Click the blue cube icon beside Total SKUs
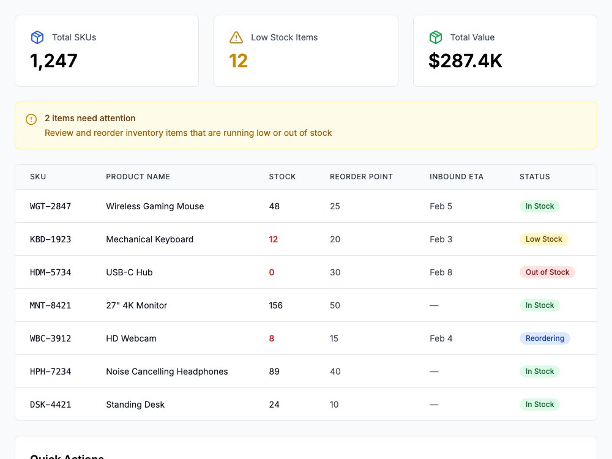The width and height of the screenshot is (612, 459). pyautogui.click(x=37, y=37)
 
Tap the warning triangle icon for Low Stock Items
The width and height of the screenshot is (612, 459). pyautogui.click(x=236, y=37)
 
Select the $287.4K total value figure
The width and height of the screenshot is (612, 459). pyautogui.click(x=465, y=61)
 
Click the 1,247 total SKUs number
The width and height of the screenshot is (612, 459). pyautogui.click(x=53, y=61)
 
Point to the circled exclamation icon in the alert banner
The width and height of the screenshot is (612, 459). pyautogui.click(x=31, y=119)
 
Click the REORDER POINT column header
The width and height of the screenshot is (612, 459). pyautogui.click(x=361, y=177)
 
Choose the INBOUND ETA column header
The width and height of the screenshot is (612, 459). pyautogui.click(x=457, y=177)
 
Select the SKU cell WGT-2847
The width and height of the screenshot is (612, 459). pyautogui.click(x=50, y=206)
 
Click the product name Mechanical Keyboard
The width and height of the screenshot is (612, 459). pyautogui.click(x=149, y=239)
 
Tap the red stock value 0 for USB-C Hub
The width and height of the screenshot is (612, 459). pyautogui.click(x=272, y=272)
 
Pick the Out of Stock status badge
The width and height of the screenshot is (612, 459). pyautogui.click(x=547, y=272)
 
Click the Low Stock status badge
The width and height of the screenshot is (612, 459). pyautogui.click(x=543, y=239)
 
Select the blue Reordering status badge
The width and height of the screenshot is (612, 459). pyautogui.click(x=545, y=338)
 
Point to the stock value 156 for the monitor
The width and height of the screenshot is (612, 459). pyautogui.click(x=275, y=305)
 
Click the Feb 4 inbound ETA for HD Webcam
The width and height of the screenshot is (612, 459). pyautogui.click(x=441, y=338)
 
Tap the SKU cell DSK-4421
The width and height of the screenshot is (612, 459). pyautogui.click(x=50, y=405)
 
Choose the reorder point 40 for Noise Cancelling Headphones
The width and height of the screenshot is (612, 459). pyautogui.click(x=335, y=371)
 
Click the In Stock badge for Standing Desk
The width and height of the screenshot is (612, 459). pyautogui.click(x=539, y=405)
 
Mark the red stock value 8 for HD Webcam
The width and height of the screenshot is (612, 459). pyautogui.click(x=272, y=338)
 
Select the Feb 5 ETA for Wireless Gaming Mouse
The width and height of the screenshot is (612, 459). pyautogui.click(x=441, y=206)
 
